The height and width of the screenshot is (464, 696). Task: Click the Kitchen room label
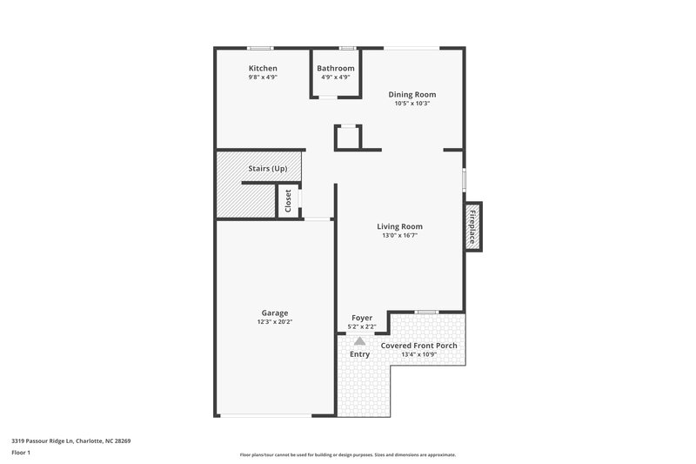pyautogui.click(x=263, y=68)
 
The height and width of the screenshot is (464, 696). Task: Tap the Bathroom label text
pyautogui.click(x=335, y=68)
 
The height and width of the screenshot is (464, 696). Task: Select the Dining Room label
pyautogui.click(x=412, y=94)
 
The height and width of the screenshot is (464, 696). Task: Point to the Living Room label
pyautogui.click(x=399, y=226)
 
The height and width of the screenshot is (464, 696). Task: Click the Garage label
pyautogui.click(x=275, y=313)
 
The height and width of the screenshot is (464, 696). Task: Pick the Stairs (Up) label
pyautogui.click(x=267, y=168)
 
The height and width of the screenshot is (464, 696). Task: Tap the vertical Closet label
pyautogui.click(x=288, y=201)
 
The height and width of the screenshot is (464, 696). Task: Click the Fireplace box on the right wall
pyautogui.click(x=473, y=226)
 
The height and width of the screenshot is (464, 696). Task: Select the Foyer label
pyautogui.click(x=362, y=318)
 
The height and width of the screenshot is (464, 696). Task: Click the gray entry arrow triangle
pyautogui.click(x=359, y=340)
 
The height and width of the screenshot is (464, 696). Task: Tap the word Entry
pyautogui.click(x=359, y=354)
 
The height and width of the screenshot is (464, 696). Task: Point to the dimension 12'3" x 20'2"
pyautogui.click(x=275, y=322)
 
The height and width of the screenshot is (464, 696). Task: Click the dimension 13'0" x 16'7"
pyautogui.click(x=399, y=236)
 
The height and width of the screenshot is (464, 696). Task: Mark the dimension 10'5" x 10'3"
pyautogui.click(x=412, y=104)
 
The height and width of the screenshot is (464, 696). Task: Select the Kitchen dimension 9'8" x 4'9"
pyautogui.click(x=263, y=77)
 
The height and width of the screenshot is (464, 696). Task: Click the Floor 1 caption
pyautogui.click(x=22, y=453)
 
